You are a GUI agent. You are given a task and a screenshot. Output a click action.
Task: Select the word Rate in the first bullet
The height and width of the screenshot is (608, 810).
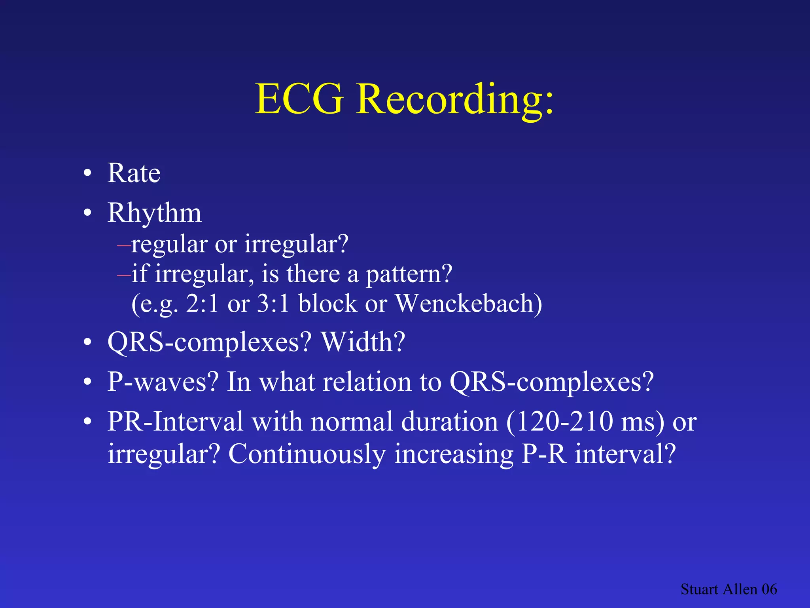[134, 173]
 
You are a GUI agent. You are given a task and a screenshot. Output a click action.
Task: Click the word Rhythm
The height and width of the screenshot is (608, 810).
[154, 213]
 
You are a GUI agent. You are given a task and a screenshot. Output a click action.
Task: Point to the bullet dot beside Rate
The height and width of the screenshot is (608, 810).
[87, 174]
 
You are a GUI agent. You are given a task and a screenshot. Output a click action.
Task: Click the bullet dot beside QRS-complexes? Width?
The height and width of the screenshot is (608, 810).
[87, 342]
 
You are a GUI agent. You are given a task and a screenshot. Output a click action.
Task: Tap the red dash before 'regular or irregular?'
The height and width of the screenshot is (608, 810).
[124, 245]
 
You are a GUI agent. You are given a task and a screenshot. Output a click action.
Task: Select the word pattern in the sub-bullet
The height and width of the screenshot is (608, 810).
[409, 274]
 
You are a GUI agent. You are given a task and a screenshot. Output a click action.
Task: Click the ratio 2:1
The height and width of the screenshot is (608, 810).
[202, 304]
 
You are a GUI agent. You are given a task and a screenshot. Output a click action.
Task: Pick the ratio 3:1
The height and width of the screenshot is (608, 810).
[273, 304]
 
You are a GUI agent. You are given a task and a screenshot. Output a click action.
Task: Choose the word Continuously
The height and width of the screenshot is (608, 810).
[307, 454]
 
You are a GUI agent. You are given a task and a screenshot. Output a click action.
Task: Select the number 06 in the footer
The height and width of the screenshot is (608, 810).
[769, 589]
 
